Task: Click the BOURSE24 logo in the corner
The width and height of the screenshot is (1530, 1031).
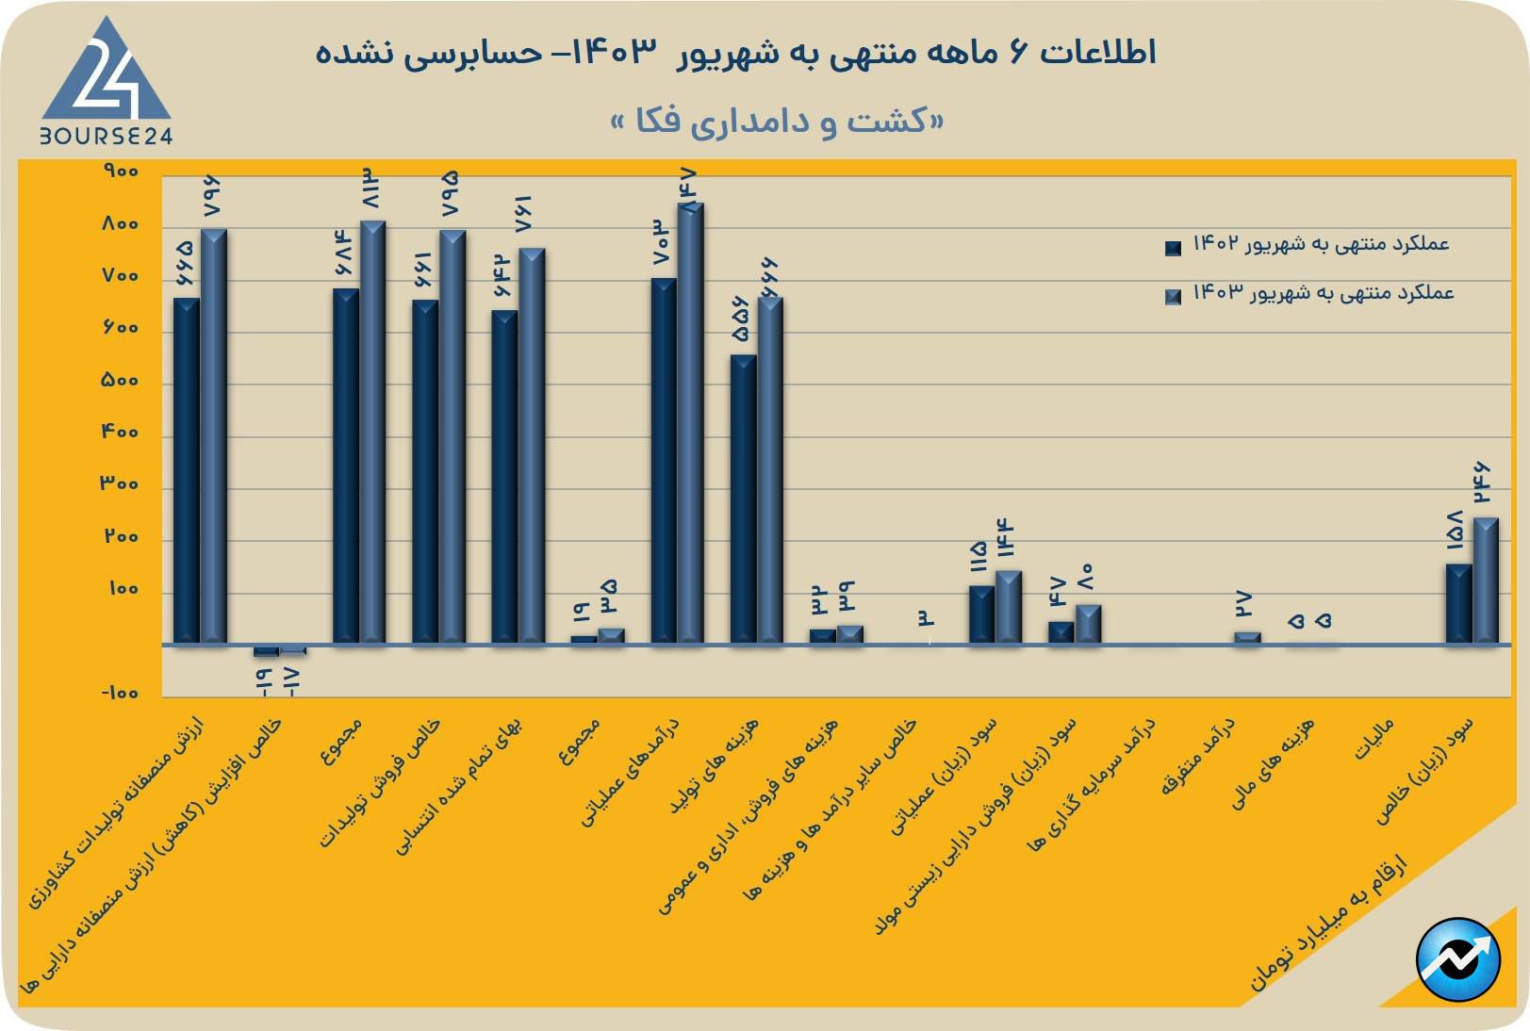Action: pyautogui.click(x=106, y=83)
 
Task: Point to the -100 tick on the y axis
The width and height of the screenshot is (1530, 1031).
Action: pyautogui.click(x=119, y=694)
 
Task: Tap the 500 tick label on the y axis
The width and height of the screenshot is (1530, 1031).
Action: pyautogui.click(x=120, y=381)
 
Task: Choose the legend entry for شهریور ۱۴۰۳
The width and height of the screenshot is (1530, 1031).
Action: pyautogui.click(x=1310, y=294)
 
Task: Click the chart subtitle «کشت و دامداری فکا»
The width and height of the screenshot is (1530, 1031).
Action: pyautogui.click(x=777, y=122)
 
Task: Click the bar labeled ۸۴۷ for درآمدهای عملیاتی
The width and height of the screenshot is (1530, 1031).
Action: pyautogui.click(x=691, y=424)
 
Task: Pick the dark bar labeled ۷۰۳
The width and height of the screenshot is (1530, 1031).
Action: pyautogui.click(x=664, y=462)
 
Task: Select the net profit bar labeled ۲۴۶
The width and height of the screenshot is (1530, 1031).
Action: pyautogui.click(x=1486, y=581)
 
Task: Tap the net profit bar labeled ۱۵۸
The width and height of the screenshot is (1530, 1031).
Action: pyautogui.click(x=1458, y=604)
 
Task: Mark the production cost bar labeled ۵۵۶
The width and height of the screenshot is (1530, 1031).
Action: pyautogui.click(x=743, y=499)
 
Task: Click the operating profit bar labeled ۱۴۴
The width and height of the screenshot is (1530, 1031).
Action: pyautogui.click(x=1009, y=608)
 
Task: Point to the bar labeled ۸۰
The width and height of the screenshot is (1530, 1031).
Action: pyautogui.click(x=1089, y=625)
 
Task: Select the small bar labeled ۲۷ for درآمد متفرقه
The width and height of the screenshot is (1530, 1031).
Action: pyautogui.click(x=1247, y=638)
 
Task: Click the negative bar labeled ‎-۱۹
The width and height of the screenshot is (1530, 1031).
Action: pyautogui.click(x=266, y=651)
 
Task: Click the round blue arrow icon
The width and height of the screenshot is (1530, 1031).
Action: pyautogui.click(x=1457, y=959)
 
